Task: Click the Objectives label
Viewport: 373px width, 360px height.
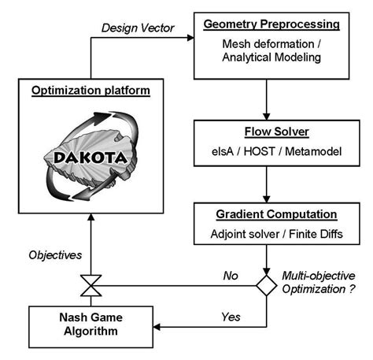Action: pos(55,255)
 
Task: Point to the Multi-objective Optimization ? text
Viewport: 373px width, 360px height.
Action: pos(319,285)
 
